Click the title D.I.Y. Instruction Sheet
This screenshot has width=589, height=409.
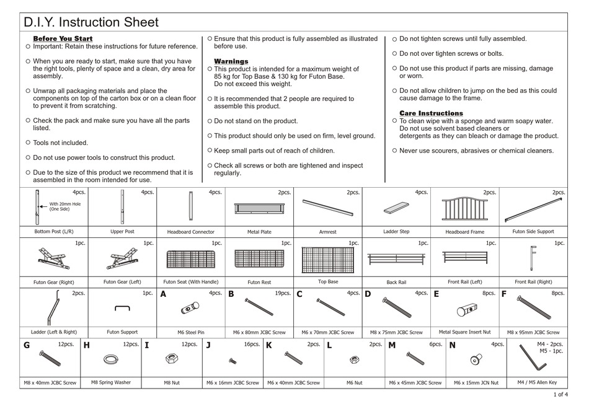pyautogui.click(x=91, y=23)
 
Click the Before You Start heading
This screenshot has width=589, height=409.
pyautogui.click(x=62, y=39)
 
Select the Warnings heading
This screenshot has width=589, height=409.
pyautogui.click(x=231, y=61)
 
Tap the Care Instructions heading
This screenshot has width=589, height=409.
pyautogui.click(x=431, y=113)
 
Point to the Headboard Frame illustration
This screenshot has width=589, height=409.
pyautogui.click(x=464, y=209)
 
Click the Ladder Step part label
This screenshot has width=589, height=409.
pyautogui.click(x=396, y=231)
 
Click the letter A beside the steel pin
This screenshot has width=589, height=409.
pyautogui.click(x=164, y=294)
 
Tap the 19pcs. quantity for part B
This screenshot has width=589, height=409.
pyautogui.click(x=282, y=293)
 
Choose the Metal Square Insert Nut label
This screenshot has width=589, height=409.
pyautogui.click(x=464, y=332)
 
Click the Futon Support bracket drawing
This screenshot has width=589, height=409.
pyautogui.click(x=122, y=309)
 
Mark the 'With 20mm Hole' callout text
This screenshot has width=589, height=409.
pyautogui.click(x=65, y=206)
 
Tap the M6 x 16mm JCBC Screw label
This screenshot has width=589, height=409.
pyautogui.click(x=232, y=383)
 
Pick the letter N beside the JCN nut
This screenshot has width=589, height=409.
pyautogui.click(x=452, y=346)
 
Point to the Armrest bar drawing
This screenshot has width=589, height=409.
pyautogui.click(x=327, y=208)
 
